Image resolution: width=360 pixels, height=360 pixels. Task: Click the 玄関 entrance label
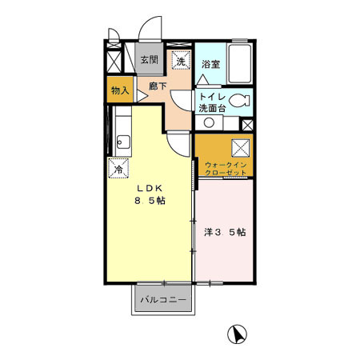click(150, 60)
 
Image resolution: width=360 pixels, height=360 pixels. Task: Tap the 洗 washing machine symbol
click(181, 60)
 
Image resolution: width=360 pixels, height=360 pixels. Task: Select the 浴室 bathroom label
click(210, 64)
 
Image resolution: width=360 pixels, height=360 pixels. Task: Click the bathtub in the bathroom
click(240, 64)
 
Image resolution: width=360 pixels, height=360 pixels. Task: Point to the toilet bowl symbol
click(239, 101)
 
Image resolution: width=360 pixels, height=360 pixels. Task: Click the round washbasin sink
click(209, 122)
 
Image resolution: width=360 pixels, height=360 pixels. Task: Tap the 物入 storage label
click(120, 90)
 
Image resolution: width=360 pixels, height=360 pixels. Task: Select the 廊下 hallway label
click(158, 86)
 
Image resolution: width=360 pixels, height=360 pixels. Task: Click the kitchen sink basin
click(123, 142)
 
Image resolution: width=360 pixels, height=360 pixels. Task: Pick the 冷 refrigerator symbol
click(118, 168)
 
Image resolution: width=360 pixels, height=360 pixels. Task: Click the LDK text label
click(150, 188)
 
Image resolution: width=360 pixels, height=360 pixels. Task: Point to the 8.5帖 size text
click(150, 201)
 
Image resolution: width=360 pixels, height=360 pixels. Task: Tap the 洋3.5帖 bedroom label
click(225, 232)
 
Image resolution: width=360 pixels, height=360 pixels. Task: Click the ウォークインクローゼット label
click(226, 169)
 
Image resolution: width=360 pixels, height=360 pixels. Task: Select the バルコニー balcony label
click(163, 300)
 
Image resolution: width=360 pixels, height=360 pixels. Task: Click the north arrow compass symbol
click(237, 334)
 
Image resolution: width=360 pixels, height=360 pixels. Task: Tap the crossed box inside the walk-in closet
click(241, 148)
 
